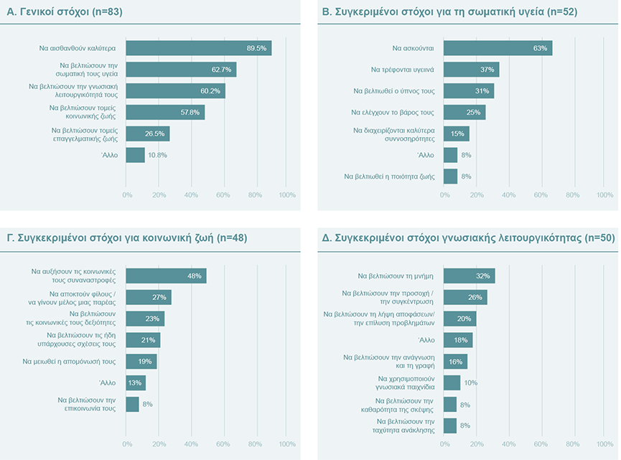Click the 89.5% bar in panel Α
[198, 48]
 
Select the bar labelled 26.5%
[147, 133]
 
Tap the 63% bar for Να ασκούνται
[498, 48]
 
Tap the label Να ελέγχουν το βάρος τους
[394, 113]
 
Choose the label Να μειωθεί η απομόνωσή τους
[70, 362]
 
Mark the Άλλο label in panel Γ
[107, 383]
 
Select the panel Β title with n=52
[449, 11]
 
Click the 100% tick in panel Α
[286, 194]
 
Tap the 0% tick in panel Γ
[127, 444]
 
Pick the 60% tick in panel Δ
[541, 444]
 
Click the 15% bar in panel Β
[457, 133]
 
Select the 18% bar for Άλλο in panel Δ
[458, 340]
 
